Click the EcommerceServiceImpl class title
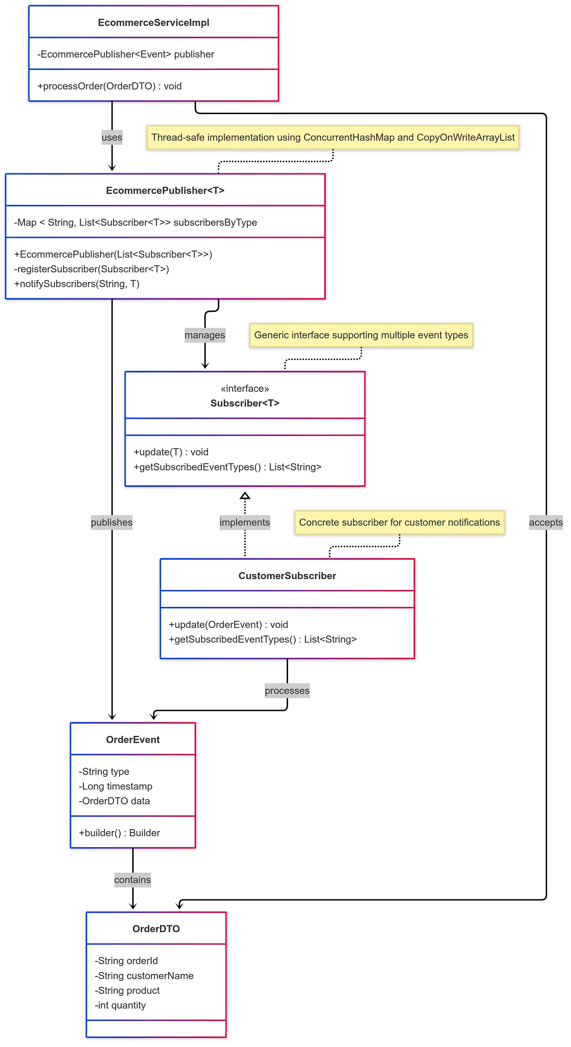(x=153, y=23)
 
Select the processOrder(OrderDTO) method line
(x=109, y=86)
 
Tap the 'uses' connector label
(x=112, y=138)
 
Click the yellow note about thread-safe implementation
(x=333, y=138)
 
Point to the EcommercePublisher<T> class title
(x=165, y=191)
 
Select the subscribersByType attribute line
(x=135, y=223)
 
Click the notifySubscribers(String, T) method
(x=77, y=284)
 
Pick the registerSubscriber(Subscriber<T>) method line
(x=91, y=269)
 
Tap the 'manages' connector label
(x=205, y=335)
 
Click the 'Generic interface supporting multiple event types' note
(x=361, y=335)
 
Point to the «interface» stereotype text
(x=245, y=389)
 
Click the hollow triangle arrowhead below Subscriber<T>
(x=245, y=496)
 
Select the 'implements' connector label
(x=245, y=523)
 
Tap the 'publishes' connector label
(x=112, y=523)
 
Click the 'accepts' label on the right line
(x=546, y=523)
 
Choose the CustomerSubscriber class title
(x=287, y=576)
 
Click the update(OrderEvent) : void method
(x=228, y=625)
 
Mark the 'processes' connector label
(x=287, y=691)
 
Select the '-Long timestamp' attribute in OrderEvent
(x=116, y=787)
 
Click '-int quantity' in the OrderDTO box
(x=120, y=1005)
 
